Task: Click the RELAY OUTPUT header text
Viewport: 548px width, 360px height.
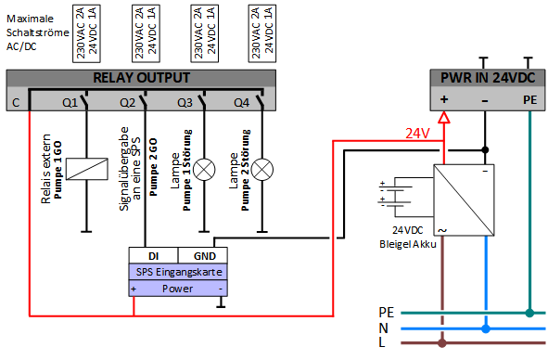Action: (x=142, y=78)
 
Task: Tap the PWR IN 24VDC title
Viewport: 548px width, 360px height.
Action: (x=488, y=78)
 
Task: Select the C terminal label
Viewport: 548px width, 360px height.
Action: (x=16, y=103)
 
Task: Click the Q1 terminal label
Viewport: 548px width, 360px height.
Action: (x=70, y=103)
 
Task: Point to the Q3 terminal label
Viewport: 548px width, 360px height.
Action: (x=185, y=103)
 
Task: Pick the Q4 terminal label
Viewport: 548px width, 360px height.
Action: (x=241, y=103)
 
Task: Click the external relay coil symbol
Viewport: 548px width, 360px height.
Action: (x=87, y=169)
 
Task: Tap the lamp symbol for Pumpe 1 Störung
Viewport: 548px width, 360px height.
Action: (x=204, y=170)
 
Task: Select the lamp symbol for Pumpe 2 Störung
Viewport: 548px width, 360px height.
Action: (x=262, y=170)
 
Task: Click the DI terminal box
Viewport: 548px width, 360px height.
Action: (x=153, y=256)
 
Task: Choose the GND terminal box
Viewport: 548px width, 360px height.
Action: (x=203, y=256)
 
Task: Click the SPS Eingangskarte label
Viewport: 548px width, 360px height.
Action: (x=179, y=272)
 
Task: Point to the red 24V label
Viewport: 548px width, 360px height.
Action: (x=417, y=134)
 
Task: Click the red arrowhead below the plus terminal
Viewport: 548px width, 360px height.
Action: (x=444, y=118)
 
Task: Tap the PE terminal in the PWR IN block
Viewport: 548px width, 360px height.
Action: (x=529, y=100)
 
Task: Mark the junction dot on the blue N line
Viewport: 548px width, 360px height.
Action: (x=486, y=328)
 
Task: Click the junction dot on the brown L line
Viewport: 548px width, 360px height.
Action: (x=442, y=343)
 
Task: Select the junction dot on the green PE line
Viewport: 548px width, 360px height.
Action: (x=529, y=313)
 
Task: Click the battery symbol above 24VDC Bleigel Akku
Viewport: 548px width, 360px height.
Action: (x=395, y=197)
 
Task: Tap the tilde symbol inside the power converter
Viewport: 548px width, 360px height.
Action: (x=442, y=230)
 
